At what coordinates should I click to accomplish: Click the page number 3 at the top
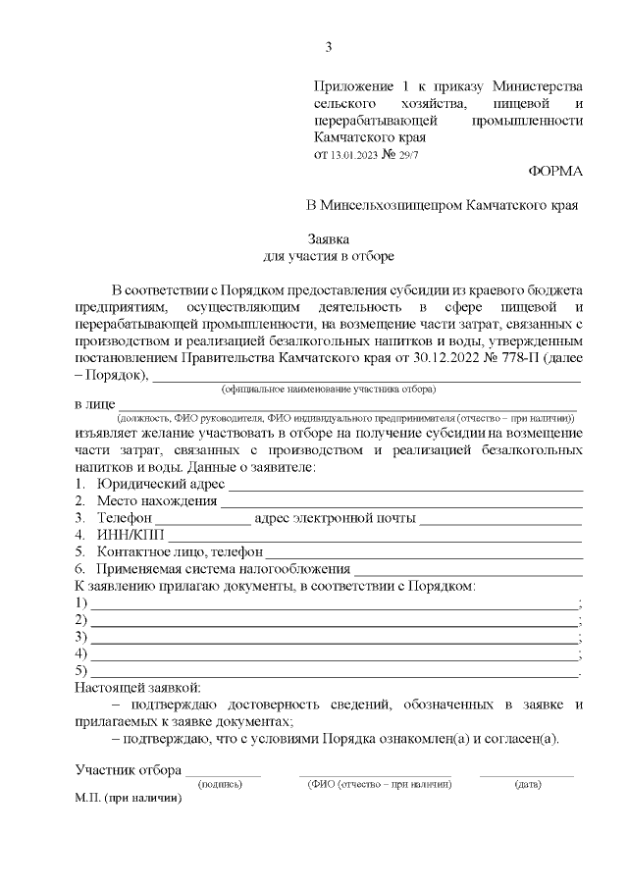click(329, 46)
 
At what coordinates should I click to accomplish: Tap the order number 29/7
click(405, 155)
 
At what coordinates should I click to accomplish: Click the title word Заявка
click(329, 238)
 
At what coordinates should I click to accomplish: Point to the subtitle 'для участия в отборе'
click(329, 256)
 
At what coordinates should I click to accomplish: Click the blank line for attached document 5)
click(334, 674)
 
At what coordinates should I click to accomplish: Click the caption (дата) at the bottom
click(527, 785)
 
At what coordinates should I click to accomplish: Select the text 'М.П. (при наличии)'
click(129, 800)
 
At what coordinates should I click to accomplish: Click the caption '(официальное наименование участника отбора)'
click(328, 389)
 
